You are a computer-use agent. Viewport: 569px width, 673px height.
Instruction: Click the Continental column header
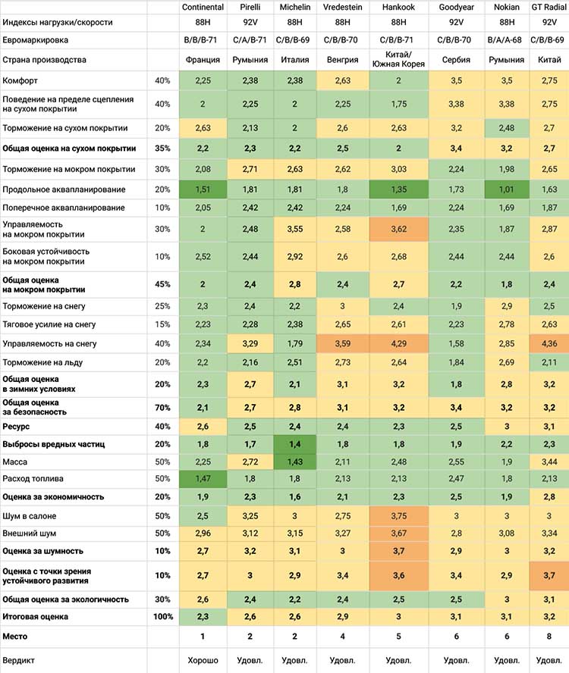click(203, 8)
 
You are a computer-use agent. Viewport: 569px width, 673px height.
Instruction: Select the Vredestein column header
click(342, 8)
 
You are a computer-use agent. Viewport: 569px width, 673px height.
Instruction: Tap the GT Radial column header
click(549, 8)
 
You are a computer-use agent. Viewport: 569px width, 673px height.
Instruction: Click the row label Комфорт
click(20, 80)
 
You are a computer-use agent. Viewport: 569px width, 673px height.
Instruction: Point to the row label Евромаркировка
click(35, 40)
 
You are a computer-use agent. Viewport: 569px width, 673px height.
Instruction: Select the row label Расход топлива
click(33, 478)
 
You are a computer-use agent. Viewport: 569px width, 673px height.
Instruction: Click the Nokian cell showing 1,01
click(507, 189)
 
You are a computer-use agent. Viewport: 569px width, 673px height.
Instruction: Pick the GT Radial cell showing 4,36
click(549, 344)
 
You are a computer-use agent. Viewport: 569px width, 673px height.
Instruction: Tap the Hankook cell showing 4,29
click(398, 344)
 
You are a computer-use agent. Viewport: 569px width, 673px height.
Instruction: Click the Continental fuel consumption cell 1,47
click(203, 478)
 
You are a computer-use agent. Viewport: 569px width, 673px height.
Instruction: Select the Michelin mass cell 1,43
click(295, 462)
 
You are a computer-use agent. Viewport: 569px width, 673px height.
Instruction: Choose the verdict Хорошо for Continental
click(203, 660)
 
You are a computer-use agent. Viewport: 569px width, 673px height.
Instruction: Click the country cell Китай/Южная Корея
click(398, 60)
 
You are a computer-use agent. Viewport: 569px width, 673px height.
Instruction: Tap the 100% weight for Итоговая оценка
click(163, 617)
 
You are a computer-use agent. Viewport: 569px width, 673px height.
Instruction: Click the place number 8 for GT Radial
click(549, 637)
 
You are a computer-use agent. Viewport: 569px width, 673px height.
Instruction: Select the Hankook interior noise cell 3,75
click(398, 516)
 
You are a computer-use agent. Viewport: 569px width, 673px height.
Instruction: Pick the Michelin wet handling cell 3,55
click(295, 229)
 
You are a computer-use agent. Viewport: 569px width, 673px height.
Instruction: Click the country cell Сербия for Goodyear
click(456, 60)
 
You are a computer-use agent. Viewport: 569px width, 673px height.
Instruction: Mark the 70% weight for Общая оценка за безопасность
click(162, 408)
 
